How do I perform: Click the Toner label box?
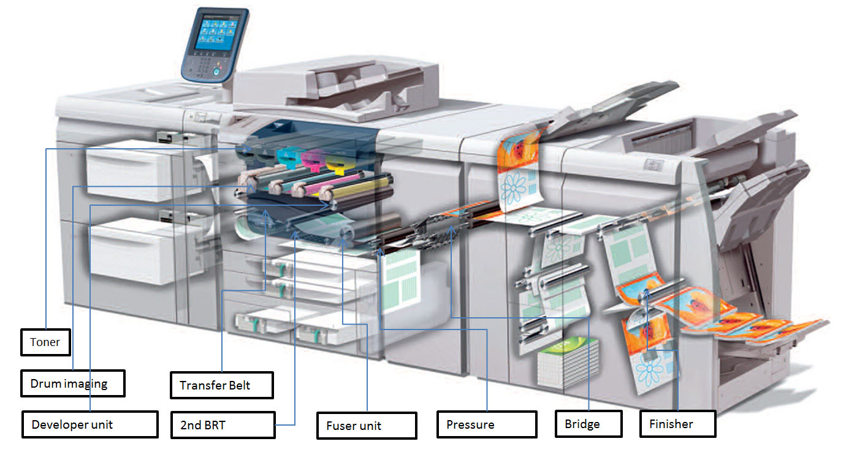(45, 342)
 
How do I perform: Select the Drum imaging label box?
(73, 383)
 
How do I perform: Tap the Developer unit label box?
(90, 424)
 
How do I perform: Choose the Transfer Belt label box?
(221, 386)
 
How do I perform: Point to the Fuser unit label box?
(367, 426)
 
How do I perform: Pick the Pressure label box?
(486, 424)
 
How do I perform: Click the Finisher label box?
(677, 423)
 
